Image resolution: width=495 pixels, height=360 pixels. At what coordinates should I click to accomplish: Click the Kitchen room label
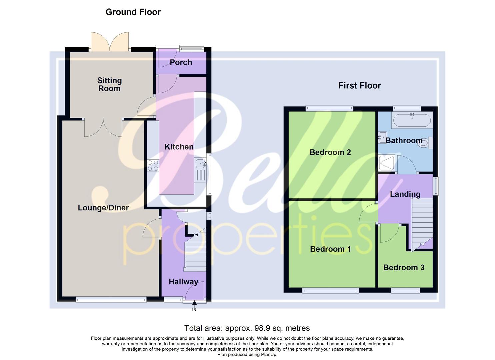coord(179,147)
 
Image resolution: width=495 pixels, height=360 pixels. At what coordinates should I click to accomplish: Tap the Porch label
coord(181,62)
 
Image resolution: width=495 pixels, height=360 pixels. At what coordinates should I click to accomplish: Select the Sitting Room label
coord(109,84)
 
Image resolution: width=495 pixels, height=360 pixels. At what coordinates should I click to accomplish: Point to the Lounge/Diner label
coord(103,208)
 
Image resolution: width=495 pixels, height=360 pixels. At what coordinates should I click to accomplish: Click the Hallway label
coord(183,282)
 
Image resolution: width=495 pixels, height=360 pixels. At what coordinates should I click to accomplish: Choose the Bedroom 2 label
coord(330,152)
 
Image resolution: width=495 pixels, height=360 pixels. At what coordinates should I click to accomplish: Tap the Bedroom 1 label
coord(330,249)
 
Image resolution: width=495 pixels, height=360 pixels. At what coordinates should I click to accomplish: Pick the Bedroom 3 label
coord(404,267)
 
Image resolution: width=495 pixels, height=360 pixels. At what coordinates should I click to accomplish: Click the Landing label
coord(405,194)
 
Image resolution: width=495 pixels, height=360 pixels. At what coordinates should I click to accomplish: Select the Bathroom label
coord(404,140)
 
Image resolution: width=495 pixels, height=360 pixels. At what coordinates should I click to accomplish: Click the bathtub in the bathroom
coord(412,120)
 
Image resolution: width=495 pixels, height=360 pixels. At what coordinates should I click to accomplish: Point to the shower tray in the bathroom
coord(387,163)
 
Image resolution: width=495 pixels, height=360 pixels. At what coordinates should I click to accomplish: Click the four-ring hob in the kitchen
coord(153,166)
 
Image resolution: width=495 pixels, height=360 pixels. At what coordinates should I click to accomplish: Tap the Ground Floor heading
coord(133,12)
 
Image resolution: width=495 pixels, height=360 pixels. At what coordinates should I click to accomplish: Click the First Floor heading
coord(359,86)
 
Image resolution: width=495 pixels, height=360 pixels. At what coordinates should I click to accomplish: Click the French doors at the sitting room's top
coord(110,42)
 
